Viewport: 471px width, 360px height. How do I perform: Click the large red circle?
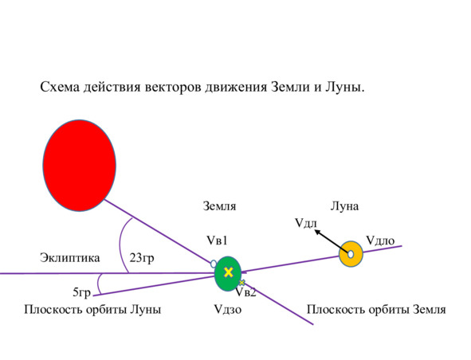coord(80,166)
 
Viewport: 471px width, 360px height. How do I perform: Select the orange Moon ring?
coord(358,254)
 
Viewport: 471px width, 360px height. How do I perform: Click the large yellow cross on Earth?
coord(229,272)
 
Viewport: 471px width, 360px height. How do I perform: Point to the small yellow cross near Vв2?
coord(241,283)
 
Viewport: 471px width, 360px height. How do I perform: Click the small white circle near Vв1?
coord(214,264)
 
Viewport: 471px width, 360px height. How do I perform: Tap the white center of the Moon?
coord(351,254)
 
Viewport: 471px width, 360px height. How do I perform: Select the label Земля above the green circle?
coord(219,206)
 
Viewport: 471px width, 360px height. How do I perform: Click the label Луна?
coord(344,206)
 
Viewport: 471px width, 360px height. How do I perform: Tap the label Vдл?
coord(306,223)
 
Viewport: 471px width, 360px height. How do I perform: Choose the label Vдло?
coord(380,241)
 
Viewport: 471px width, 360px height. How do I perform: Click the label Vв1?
coord(217,241)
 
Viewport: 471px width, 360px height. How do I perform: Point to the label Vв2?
coord(245,292)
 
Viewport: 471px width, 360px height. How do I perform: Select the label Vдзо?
coord(228,309)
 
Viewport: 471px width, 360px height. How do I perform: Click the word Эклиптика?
coord(69,258)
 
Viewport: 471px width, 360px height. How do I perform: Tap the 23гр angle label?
coord(142,258)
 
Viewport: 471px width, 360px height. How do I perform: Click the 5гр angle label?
coord(82,292)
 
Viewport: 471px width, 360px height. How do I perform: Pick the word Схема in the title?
coord(60,88)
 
